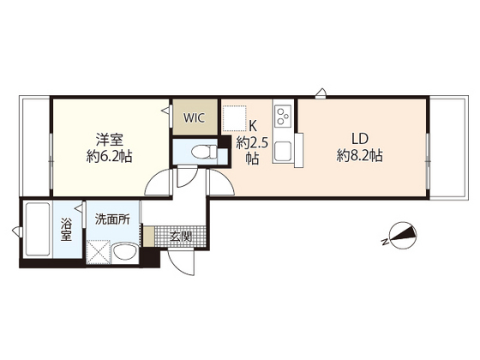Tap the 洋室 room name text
[x=107, y=138]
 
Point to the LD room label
[x=358, y=138]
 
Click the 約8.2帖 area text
[x=358, y=156]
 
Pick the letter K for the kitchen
[x=253, y=124]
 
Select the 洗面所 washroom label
[x=111, y=219]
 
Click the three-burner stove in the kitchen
[x=283, y=113]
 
